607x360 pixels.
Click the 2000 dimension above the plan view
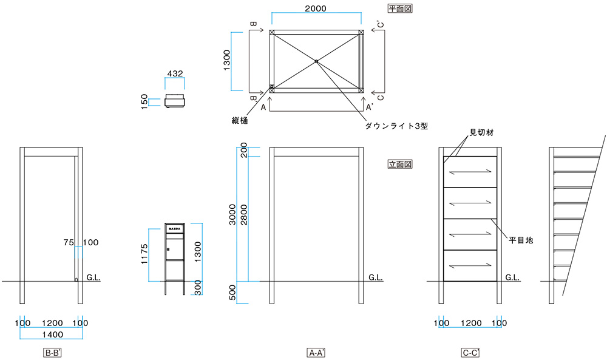[x=316, y=8]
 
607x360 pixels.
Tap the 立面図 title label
[x=399, y=164]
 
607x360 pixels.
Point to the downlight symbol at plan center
[x=316, y=61]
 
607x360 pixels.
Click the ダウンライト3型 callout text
[x=396, y=126]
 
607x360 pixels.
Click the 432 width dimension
[x=175, y=73]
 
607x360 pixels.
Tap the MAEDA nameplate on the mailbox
[x=175, y=229]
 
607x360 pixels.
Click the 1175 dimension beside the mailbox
[x=144, y=255]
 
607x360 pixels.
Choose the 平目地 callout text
[x=521, y=240]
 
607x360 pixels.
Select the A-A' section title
[x=316, y=352]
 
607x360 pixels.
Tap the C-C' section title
[x=470, y=352]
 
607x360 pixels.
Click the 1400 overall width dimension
[x=53, y=334]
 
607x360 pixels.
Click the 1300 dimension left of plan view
[x=226, y=61]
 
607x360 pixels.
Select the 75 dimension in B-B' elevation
[x=68, y=242]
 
